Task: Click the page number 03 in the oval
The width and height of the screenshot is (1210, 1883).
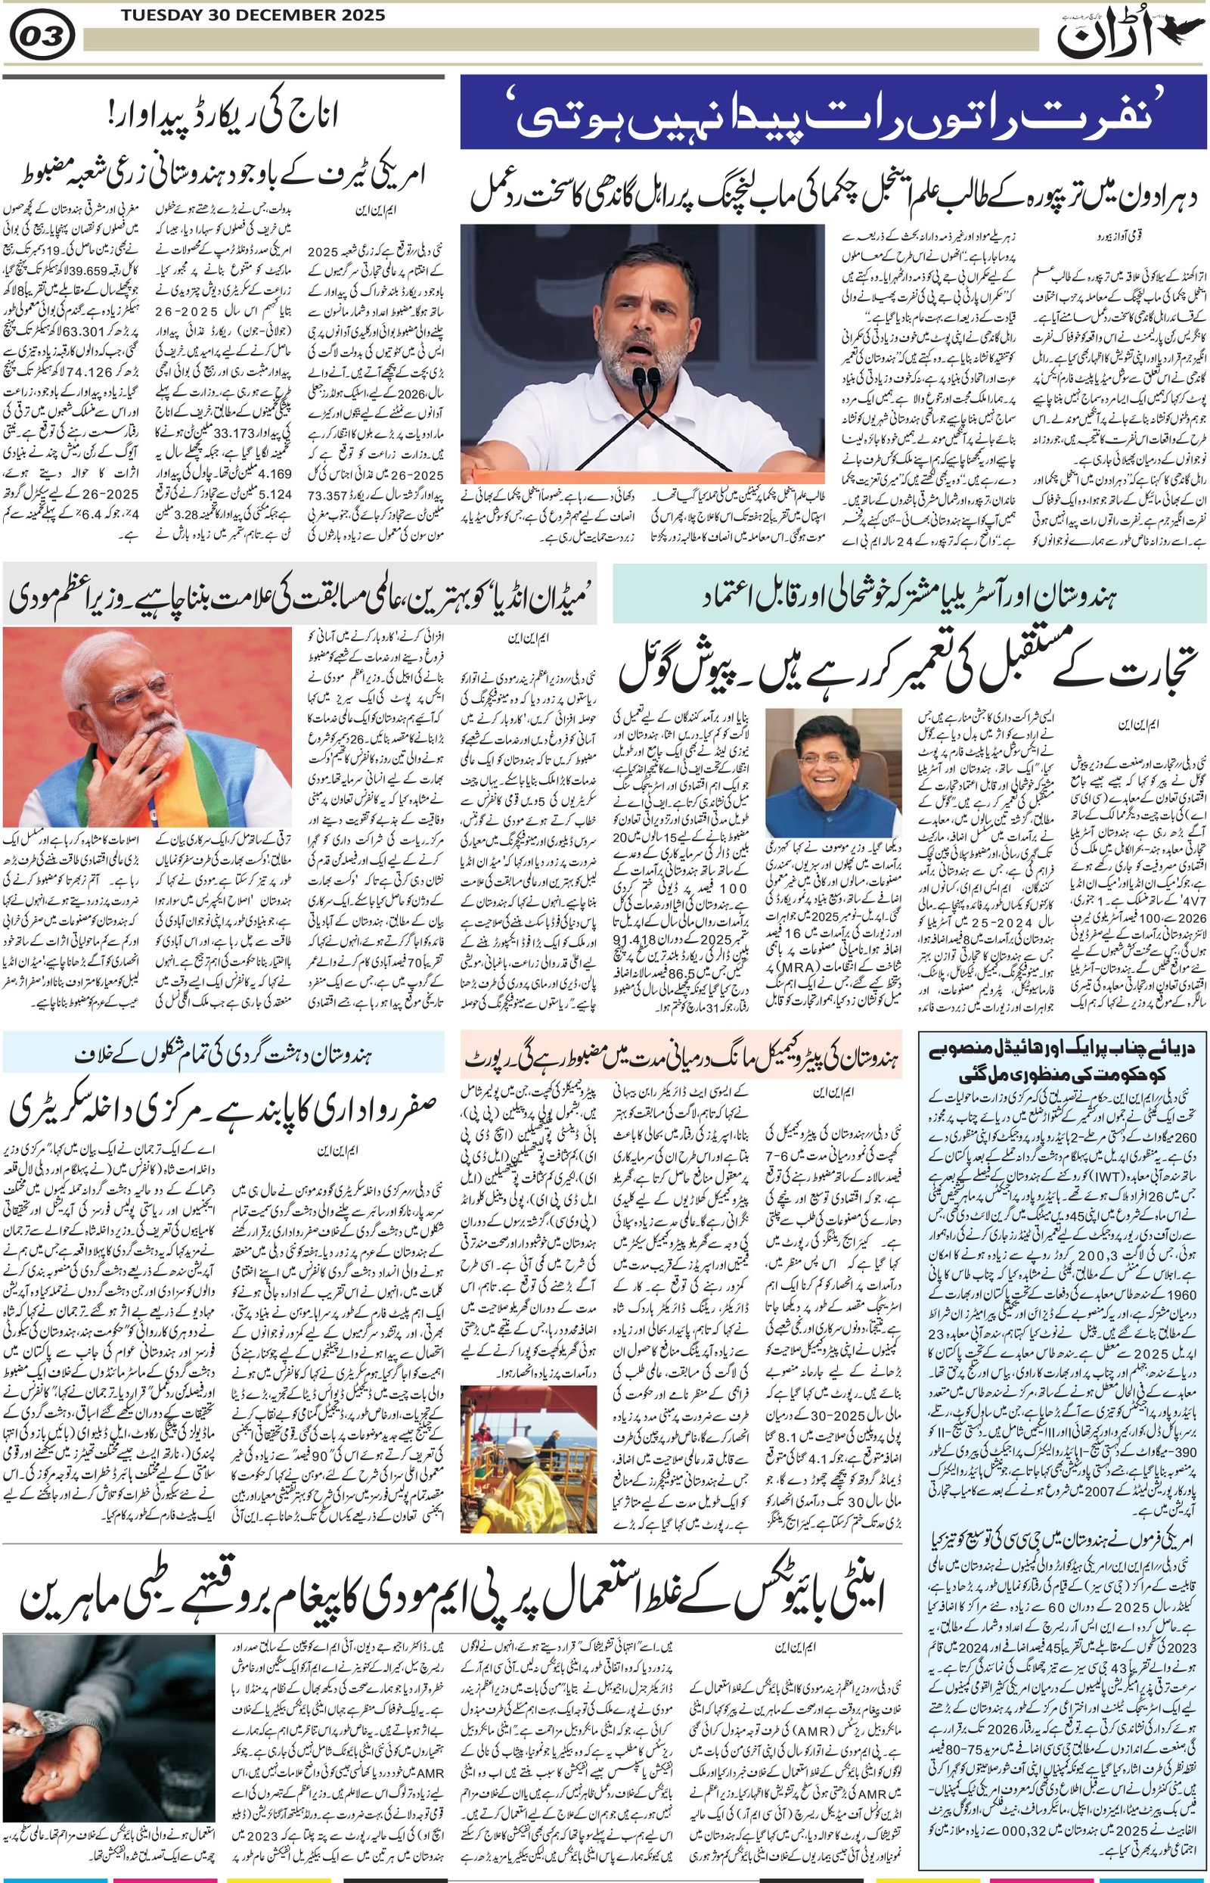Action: pyautogui.click(x=43, y=37)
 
